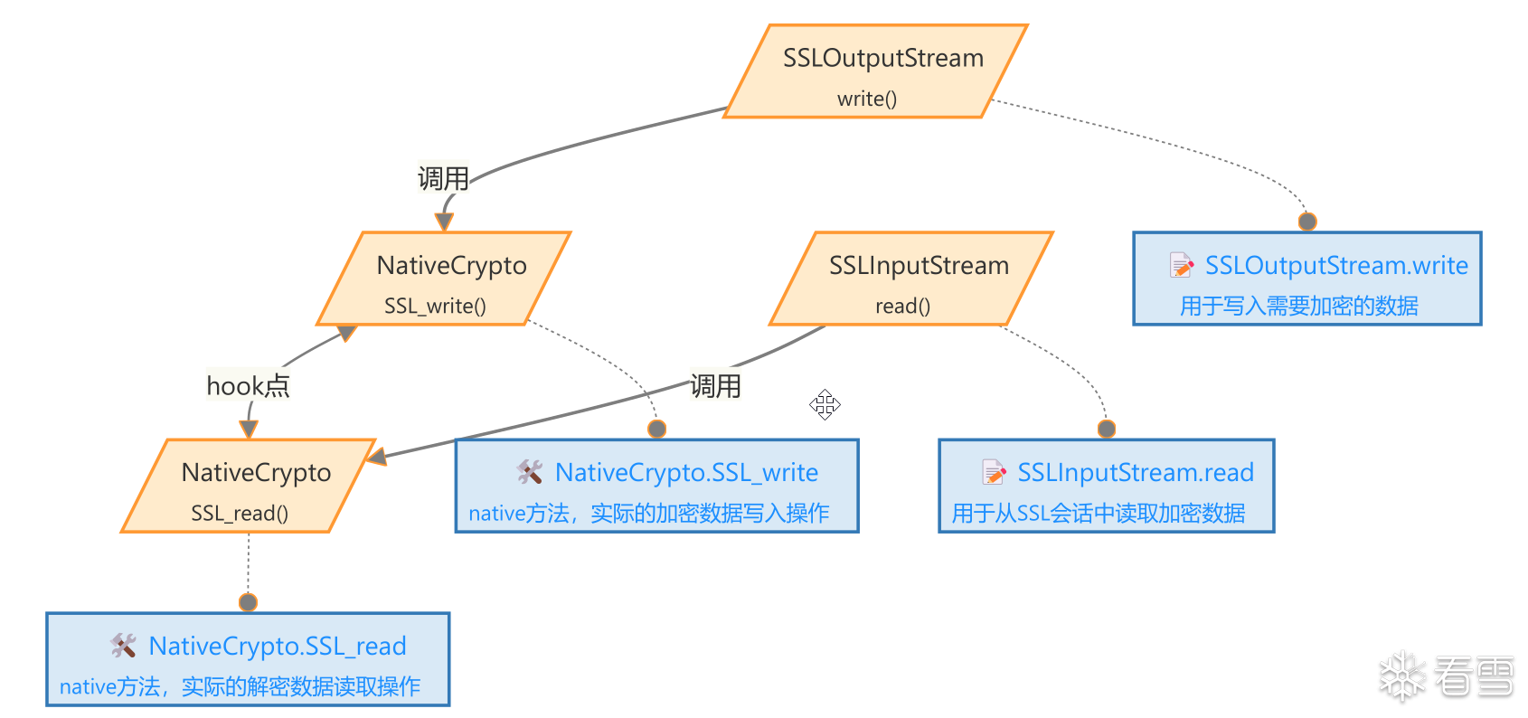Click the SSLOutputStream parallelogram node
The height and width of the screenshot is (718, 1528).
click(875, 71)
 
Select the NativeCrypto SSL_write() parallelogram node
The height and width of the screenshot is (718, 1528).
click(444, 279)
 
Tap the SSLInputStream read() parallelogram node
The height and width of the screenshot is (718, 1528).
click(911, 279)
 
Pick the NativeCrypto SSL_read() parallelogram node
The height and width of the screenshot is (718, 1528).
click(249, 487)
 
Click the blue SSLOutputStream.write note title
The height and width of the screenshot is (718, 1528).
click(1335, 266)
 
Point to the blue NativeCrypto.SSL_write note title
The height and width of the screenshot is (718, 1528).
click(686, 472)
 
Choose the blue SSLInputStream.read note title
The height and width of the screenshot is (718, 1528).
click(1135, 472)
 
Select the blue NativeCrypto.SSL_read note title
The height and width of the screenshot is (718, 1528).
click(277, 646)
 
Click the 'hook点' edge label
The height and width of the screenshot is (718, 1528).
click(248, 386)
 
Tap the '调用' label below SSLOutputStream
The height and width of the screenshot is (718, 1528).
click(443, 178)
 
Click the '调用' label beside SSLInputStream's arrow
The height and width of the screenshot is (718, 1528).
click(715, 386)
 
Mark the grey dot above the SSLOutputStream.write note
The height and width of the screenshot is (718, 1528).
click(1307, 222)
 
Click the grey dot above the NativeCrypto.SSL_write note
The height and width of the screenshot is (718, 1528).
click(657, 429)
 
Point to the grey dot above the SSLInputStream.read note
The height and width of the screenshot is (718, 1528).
click(1107, 429)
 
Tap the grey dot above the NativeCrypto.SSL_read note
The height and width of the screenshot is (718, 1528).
click(249, 602)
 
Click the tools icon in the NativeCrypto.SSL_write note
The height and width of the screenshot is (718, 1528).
click(530, 471)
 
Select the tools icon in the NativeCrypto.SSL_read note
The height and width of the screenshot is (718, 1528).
click(124, 645)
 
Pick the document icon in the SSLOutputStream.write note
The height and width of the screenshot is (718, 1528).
click(1181, 265)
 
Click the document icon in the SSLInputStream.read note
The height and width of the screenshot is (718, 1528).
click(994, 472)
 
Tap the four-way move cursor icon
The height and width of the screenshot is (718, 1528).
click(825, 404)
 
